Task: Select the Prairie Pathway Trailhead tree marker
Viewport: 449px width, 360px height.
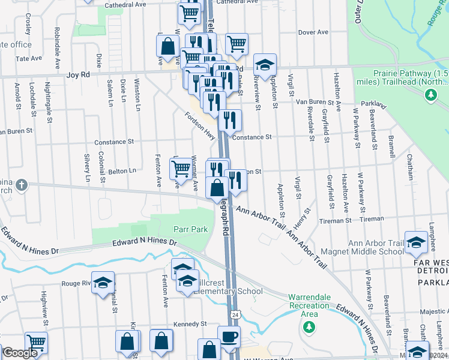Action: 430,94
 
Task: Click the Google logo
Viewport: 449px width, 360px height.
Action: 20,353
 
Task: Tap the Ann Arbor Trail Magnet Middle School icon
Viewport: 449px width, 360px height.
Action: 415,242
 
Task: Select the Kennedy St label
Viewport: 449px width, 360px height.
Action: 190,324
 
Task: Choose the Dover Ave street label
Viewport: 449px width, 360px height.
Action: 313,32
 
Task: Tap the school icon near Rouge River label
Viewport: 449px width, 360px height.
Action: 103,283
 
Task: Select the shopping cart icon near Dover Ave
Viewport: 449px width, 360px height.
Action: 237,44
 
